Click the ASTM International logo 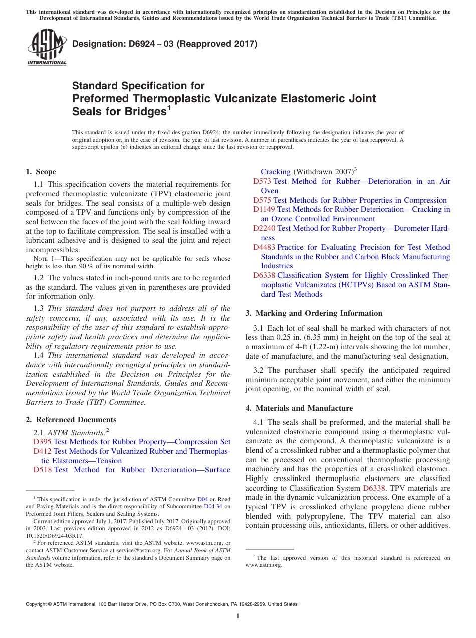pyautogui.click(x=46, y=48)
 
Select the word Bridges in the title pyautogui.click(x=142, y=111)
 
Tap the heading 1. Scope pyautogui.click(x=41, y=172)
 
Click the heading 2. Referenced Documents pyautogui.click(x=71, y=420)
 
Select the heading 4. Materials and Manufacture pyautogui.click(x=299, y=408)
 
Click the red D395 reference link pyautogui.click(x=42, y=442)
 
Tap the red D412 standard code pyautogui.click(x=42, y=451)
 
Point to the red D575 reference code pyautogui.click(x=262, y=200)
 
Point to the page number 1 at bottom pyautogui.click(x=238, y=616)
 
